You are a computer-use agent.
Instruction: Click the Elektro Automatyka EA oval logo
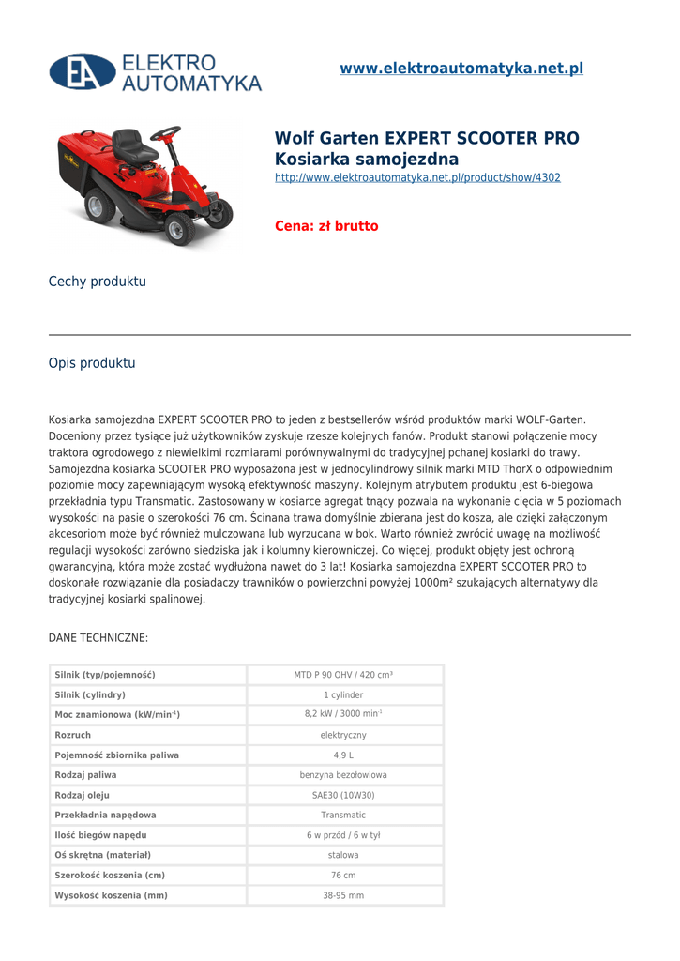(83, 72)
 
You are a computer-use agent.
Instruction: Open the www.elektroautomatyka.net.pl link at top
(461, 69)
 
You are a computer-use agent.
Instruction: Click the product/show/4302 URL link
(417, 177)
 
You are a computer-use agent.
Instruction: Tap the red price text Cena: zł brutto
(326, 226)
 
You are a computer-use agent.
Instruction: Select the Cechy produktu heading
(98, 282)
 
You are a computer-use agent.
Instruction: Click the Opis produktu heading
(92, 363)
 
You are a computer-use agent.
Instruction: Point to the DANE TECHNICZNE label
(98, 638)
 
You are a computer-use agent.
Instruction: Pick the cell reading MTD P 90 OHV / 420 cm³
(343, 675)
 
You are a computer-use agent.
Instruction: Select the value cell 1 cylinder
(343, 695)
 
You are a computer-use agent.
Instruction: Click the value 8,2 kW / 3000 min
(343, 715)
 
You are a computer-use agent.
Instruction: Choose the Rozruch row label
(73, 735)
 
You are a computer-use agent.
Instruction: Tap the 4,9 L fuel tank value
(343, 755)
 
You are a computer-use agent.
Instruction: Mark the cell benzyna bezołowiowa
(343, 775)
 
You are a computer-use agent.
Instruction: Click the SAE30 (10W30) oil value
(343, 796)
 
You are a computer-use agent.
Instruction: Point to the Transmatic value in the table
(343, 816)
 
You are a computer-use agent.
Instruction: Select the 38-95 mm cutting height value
(343, 896)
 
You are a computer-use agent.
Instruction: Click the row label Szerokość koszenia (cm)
(110, 876)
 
